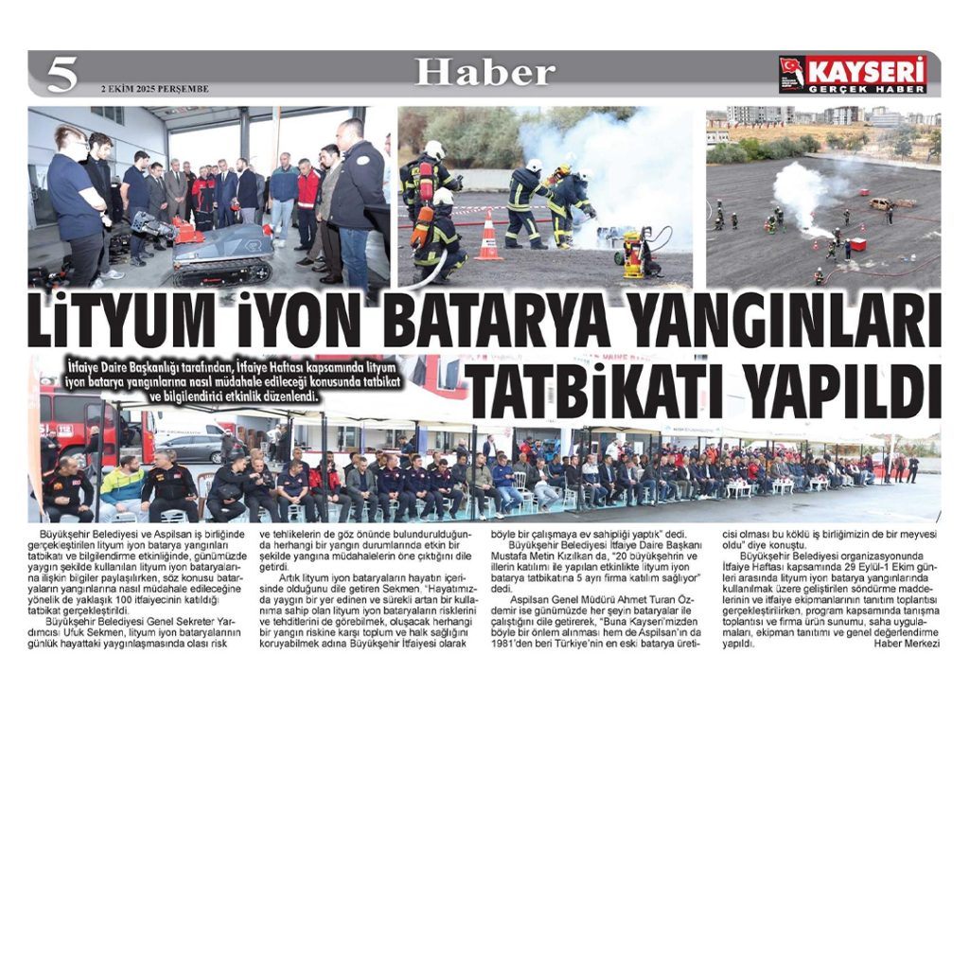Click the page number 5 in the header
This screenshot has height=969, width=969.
[x=62, y=74]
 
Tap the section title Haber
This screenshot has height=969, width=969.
[x=484, y=72]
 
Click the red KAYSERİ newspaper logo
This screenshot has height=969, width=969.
[x=854, y=74]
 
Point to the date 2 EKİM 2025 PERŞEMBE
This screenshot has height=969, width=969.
[x=155, y=90]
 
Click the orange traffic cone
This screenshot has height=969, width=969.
[x=489, y=238]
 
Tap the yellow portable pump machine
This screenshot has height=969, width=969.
[x=636, y=254]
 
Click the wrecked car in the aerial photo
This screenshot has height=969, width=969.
[x=881, y=203]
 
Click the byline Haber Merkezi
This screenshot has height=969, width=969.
[x=907, y=643]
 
